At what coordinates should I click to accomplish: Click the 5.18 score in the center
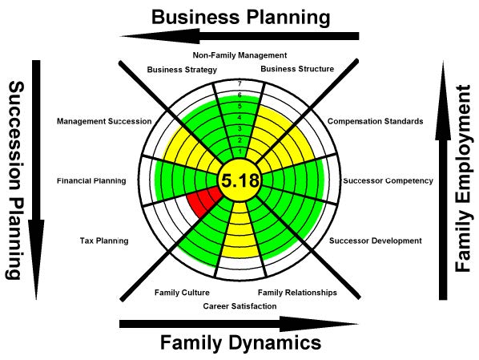pyautogui.click(x=240, y=180)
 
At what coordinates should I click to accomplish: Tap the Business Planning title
pyautogui.click(x=241, y=17)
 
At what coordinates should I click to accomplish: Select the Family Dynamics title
pyautogui.click(x=241, y=342)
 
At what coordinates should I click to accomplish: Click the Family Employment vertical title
pyautogui.click(x=463, y=178)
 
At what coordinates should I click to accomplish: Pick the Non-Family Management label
pyautogui.click(x=239, y=55)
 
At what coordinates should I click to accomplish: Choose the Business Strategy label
pyautogui.click(x=182, y=70)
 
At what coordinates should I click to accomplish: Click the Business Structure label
pyautogui.click(x=297, y=69)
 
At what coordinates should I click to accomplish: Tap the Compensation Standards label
pyautogui.click(x=376, y=121)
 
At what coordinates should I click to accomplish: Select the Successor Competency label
pyautogui.click(x=388, y=180)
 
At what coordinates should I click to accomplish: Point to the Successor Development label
pyautogui.click(x=376, y=241)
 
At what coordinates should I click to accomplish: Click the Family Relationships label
pyautogui.click(x=297, y=293)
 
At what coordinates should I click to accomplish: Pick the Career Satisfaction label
pyautogui.click(x=239, y=306)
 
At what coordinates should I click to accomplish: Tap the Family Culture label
pyautogui.click(x=182, y=293)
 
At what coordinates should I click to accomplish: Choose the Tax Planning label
pyautogui.click(x=104, y=241)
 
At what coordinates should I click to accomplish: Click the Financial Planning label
pyautogui.click(x=91, y=180)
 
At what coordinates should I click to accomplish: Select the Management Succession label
pyautogui.click(x=104, y=121)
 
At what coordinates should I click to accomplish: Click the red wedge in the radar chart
pyautogui.click(x=203, y=201)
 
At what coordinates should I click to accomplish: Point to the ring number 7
pyautogui.click(x=239, y=83)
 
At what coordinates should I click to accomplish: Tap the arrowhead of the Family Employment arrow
pyautogui.click(x=443, y=101)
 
